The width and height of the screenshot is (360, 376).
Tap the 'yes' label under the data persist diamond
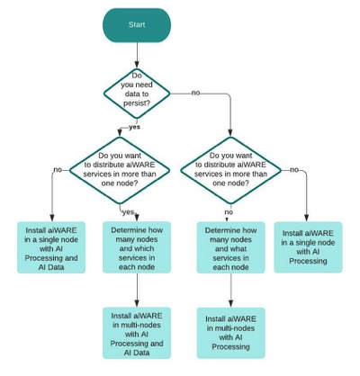pyautogui.click(x=134, y=127)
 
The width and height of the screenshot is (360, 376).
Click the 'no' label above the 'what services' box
pyautogui.click(x=228, y=212)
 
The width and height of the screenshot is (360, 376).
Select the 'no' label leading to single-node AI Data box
pyautogui.click(x=58, y=168)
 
